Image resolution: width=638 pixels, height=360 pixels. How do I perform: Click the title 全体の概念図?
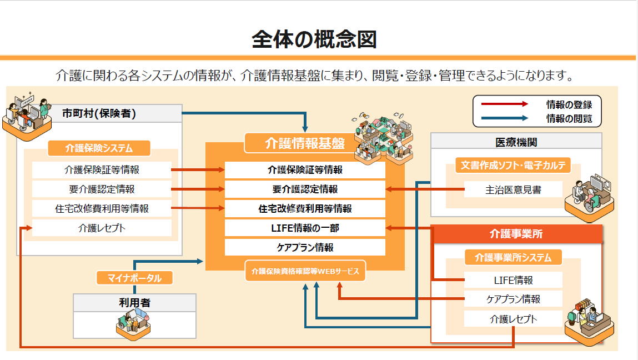point(314,39)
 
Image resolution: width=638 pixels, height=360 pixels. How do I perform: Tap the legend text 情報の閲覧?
point(569,118)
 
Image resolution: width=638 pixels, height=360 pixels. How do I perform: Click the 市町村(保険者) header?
point(99,113)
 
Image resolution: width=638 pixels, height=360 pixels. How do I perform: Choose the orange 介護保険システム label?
point(99,148)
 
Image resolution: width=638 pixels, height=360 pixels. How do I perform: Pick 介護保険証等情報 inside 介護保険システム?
point(102,170)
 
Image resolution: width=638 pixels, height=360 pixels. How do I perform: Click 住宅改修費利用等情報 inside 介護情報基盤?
point(305,209)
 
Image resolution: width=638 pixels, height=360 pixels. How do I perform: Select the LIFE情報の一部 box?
point(305,228)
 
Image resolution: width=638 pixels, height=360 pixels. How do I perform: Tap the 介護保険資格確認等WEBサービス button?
point(305,271)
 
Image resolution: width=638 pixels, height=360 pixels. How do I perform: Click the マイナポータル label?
point(134,278)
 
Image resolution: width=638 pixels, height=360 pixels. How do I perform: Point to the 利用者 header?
point(134,303)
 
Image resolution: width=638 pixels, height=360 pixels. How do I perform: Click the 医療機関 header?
point(516,142)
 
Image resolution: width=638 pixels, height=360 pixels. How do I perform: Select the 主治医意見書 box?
point(513,189)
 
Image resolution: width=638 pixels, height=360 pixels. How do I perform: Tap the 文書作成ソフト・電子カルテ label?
point(513,165)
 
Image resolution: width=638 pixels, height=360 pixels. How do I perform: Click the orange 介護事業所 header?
point(516,234)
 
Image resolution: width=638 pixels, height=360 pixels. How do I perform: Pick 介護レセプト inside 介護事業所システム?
point(513,318)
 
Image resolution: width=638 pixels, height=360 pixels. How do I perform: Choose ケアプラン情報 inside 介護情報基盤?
point(305,247)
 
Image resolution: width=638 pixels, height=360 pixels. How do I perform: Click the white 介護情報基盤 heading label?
point(305,143)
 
